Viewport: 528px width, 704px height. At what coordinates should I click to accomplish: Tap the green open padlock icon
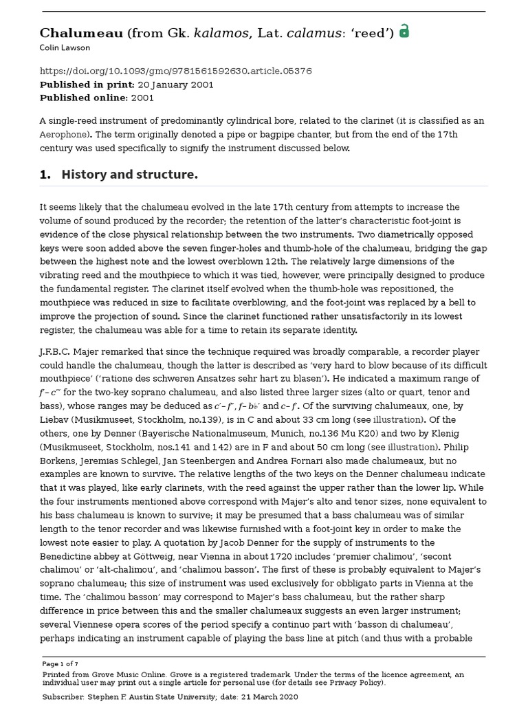click(404, 31)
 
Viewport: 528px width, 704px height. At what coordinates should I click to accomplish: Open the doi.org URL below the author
click(175, 71)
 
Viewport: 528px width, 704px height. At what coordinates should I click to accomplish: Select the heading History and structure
click(129, 175)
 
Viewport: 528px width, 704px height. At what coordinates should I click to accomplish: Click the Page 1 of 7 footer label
click(60, 664)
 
